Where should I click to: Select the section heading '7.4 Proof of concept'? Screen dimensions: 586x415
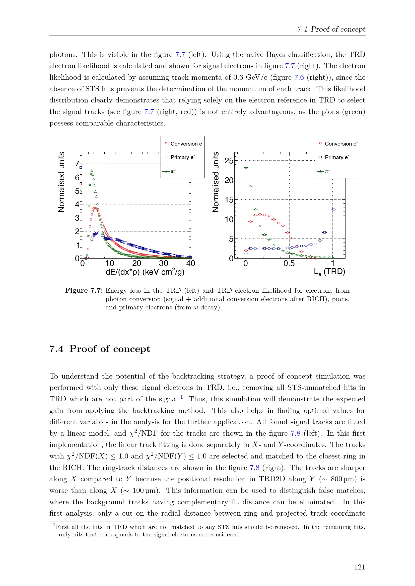(100, 349)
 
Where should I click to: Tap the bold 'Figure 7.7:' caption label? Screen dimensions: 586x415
(84, 290)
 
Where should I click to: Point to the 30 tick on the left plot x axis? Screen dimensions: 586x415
(164, 263)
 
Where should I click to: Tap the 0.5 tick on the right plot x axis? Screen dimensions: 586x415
(289, 263)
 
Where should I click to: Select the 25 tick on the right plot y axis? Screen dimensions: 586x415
(229, 161)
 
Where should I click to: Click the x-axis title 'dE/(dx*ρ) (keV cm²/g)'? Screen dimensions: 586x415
(145, 272)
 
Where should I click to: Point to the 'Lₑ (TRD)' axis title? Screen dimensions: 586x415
(329, 272)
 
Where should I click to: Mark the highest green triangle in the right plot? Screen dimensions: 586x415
(246, 168)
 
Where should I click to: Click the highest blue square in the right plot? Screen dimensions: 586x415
(329, 203)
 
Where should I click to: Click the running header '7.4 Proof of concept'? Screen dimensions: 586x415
(331, 29)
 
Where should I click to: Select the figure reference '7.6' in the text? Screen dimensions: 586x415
(299, 77)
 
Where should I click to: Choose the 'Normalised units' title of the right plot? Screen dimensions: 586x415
(216, 182)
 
